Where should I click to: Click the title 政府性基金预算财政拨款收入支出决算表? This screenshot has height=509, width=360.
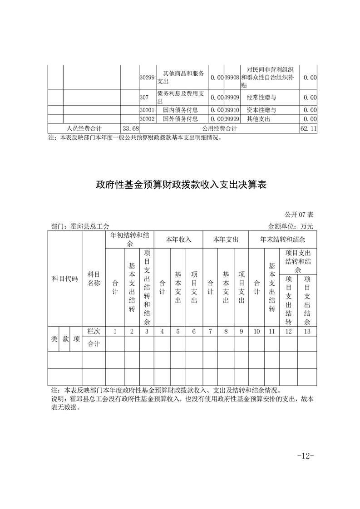pyautogui.click(x=180, y=185)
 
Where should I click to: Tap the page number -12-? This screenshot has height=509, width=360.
pyautogui.click(x=305, y=455)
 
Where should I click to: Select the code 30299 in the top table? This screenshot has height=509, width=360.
pyautogui.click(x=147, y=78)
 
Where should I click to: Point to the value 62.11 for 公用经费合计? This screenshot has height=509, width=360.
pyautogui.click(x=308, y=129)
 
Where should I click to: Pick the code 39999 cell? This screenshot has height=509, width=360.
pyautogui.click(x=232, y=119)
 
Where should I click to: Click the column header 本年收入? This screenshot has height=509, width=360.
pyautogui.click(x=178, y=239)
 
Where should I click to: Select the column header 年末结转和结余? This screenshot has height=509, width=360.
pyautogui.click(x=282, y=239)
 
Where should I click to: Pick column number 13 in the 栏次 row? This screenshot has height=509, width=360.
pyautogui.click(x=307, y=332)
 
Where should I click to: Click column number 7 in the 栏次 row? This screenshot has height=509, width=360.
pyautogui.click(x=210, y=332)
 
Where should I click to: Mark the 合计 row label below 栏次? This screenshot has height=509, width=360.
pyautogui.click(x=94, y=343)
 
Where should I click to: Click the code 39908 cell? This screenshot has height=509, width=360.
pyautogui.click(x=232, y=78)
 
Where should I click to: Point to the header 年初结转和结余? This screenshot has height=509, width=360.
pyautogui.click(x=129, y=239)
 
